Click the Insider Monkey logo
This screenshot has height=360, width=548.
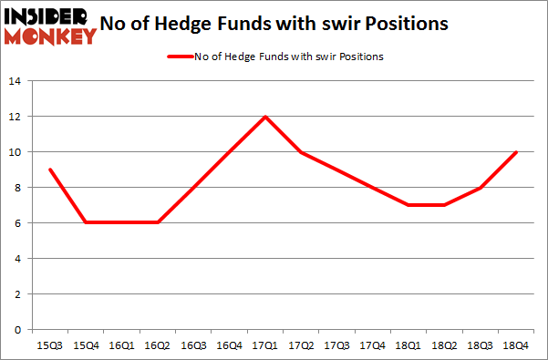(x=49, y=26)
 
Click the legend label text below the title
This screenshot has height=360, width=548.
(x=288, y=57)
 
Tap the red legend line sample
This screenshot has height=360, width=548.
(x=179, y=57)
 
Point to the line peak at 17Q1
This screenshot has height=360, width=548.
(x=265, y=117)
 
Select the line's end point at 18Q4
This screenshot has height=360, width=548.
(x=517, y=152)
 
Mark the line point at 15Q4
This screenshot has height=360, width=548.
(x=85, y=223)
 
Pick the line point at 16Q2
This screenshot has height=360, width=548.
(x=157, y=223)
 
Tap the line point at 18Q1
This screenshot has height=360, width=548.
(x=409, y=205)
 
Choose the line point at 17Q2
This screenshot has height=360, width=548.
(x=301, y=152)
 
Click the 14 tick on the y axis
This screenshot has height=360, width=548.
(x=16, y=81)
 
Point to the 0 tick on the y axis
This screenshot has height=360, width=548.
(x=18, y=330)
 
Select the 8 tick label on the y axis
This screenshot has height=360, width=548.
(x=18, y=188)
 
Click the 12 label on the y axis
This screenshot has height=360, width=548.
(x=16, y=117)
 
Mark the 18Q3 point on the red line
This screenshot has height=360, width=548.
(x=481, y=188)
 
